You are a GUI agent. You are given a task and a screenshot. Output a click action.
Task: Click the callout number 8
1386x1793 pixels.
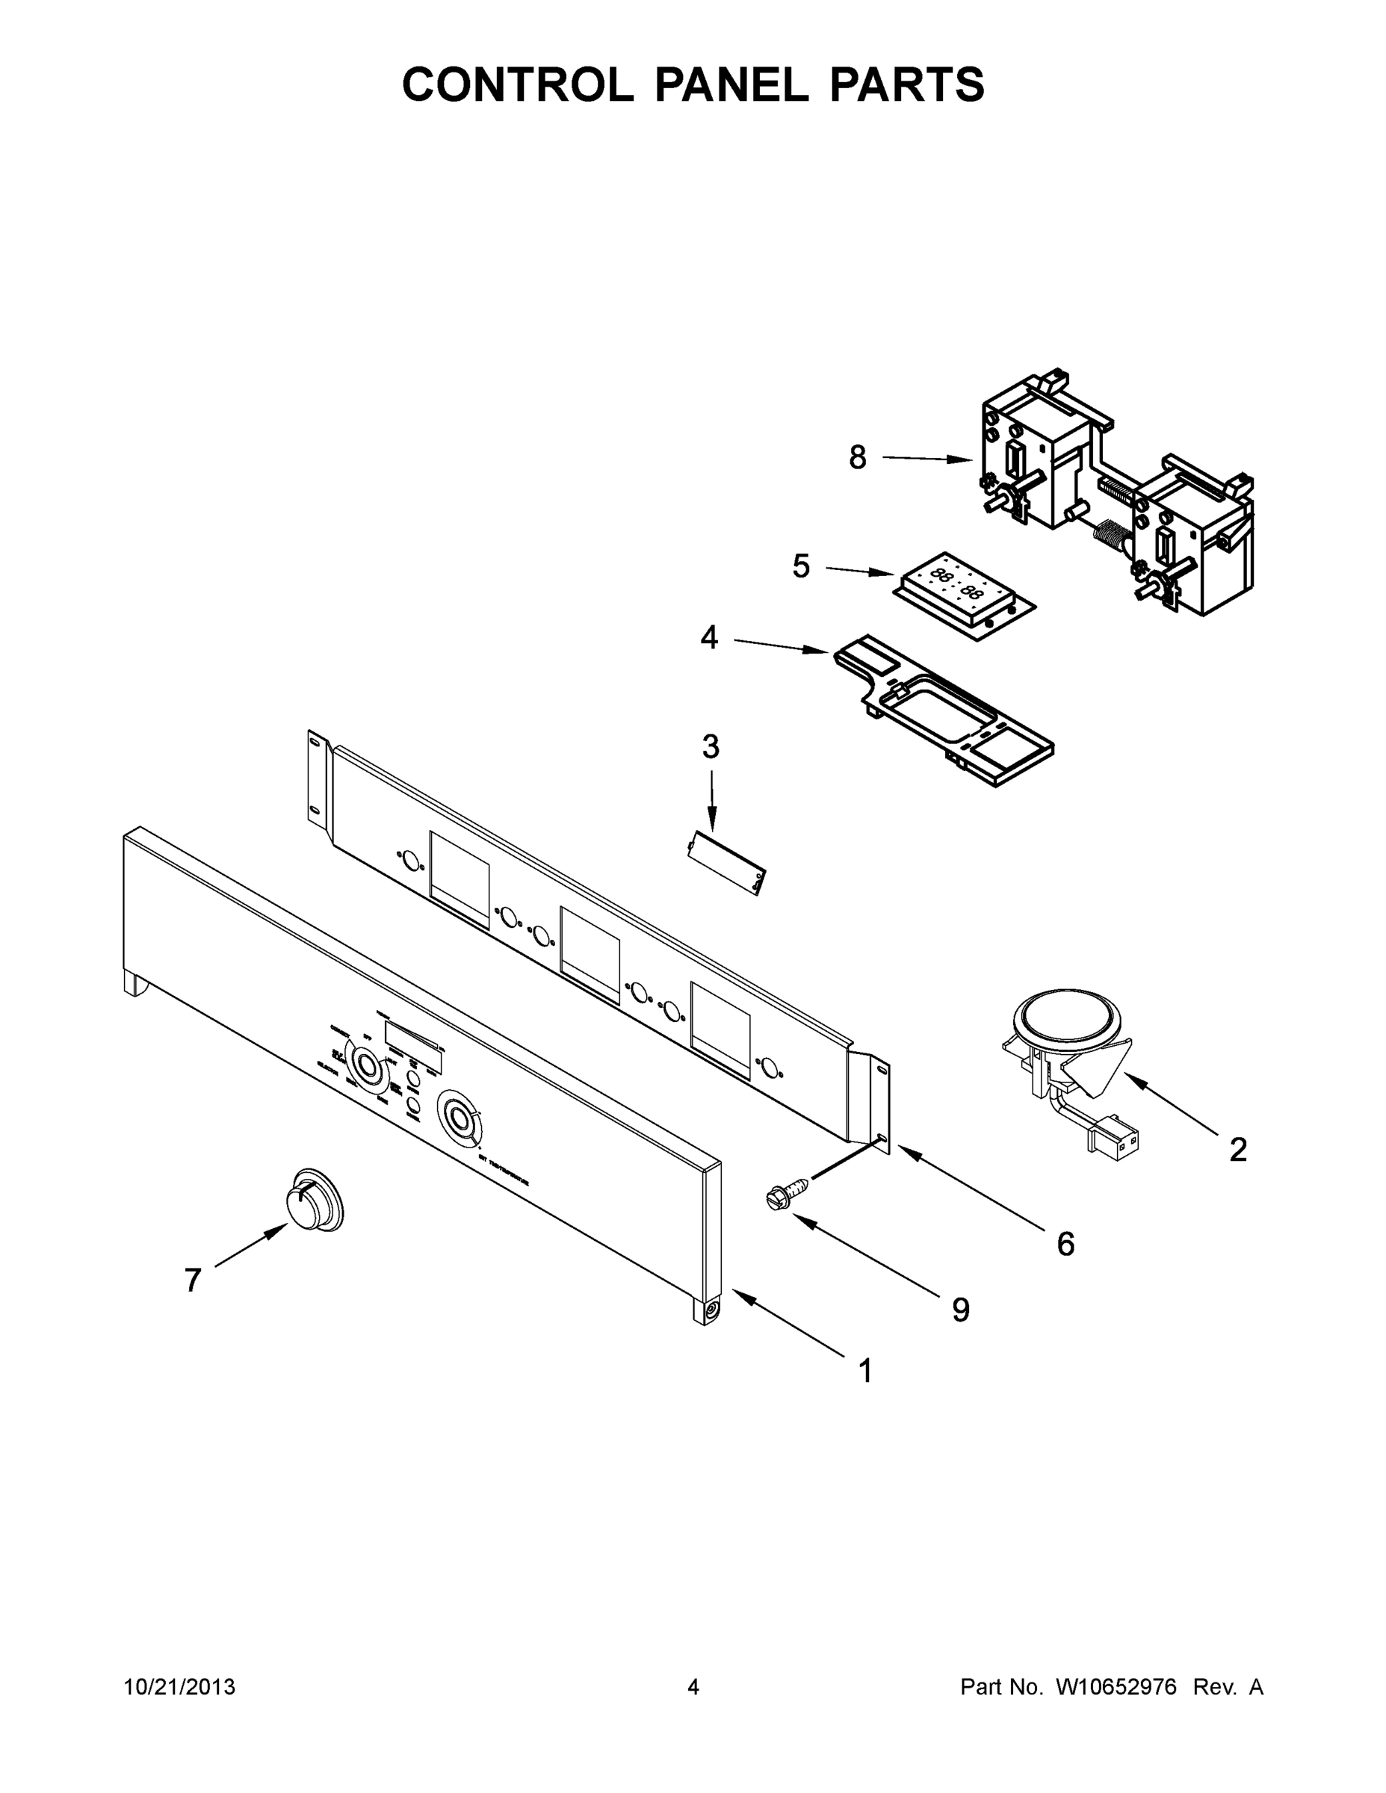point(857,458)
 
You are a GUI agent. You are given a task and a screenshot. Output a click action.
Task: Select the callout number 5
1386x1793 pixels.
point(800,566)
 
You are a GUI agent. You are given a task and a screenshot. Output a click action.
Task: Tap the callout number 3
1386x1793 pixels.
point(711,747)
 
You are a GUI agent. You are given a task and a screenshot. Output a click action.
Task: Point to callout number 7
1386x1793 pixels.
point(192,1280)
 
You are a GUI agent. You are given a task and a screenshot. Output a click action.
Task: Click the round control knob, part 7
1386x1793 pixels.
point(314,1199)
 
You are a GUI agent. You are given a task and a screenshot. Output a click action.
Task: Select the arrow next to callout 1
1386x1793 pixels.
point(788,1322)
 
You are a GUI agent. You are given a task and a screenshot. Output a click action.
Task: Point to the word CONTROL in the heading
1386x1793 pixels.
point(517,84)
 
